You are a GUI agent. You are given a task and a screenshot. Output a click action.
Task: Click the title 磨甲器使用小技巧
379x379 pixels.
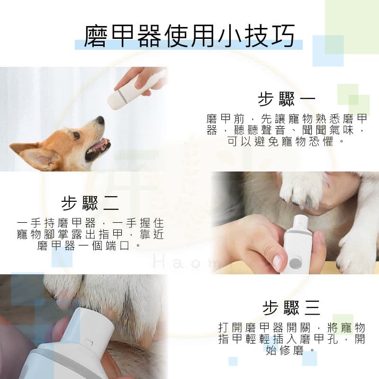189,36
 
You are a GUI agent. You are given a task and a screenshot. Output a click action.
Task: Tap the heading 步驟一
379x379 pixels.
287,99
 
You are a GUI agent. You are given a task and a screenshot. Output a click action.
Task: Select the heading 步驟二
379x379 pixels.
90,203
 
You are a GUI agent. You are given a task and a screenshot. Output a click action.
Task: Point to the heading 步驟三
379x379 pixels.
291,308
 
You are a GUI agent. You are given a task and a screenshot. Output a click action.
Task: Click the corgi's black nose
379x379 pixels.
100,120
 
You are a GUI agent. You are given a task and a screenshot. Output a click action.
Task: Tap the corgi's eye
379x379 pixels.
76,135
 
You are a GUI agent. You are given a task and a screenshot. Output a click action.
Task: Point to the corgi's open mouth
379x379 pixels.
98,148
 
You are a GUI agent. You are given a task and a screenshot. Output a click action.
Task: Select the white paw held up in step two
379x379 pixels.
300,189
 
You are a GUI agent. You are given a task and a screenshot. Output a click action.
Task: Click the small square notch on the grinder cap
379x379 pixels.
89,343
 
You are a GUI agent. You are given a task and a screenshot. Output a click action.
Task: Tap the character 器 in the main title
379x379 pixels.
149,36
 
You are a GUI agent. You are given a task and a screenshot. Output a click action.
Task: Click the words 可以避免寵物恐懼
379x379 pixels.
280,141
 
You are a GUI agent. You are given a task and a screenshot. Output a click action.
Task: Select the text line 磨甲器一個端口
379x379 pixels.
84,246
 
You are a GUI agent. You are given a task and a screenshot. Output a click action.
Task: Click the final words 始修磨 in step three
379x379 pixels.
285,350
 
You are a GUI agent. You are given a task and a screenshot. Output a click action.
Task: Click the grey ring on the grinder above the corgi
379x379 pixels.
122,96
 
